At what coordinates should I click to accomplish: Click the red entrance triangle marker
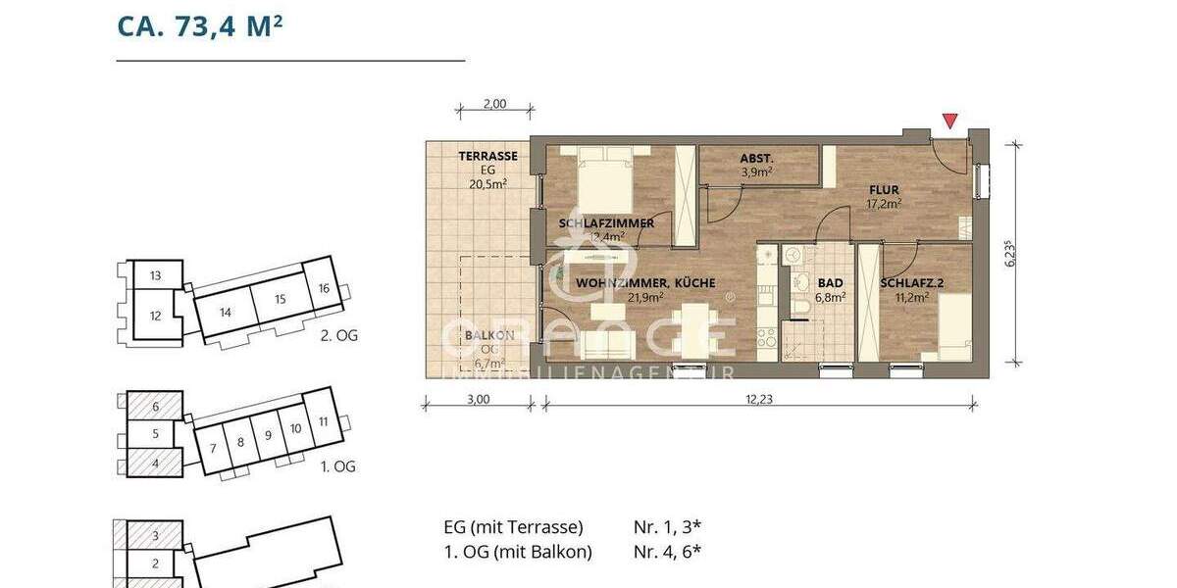coord(948,122)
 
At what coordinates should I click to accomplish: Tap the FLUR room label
coord(883,190)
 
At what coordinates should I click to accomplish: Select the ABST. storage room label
coord(756,158)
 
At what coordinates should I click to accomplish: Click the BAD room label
coord(830,283)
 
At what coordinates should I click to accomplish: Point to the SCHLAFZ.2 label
coord(911,283)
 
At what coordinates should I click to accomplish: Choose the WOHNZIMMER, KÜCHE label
coord(645,283)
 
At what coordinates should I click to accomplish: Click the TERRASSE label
coord(487,156)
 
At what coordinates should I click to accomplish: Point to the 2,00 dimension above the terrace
coord(495,105)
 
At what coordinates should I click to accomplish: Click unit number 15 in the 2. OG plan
coord(280,298)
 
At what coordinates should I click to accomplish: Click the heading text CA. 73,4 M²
coord(201,25)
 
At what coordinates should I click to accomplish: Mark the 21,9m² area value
coord(645,297)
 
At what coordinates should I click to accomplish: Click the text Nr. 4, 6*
coord(667,552)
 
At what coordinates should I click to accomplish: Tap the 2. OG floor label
coord(339,335)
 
